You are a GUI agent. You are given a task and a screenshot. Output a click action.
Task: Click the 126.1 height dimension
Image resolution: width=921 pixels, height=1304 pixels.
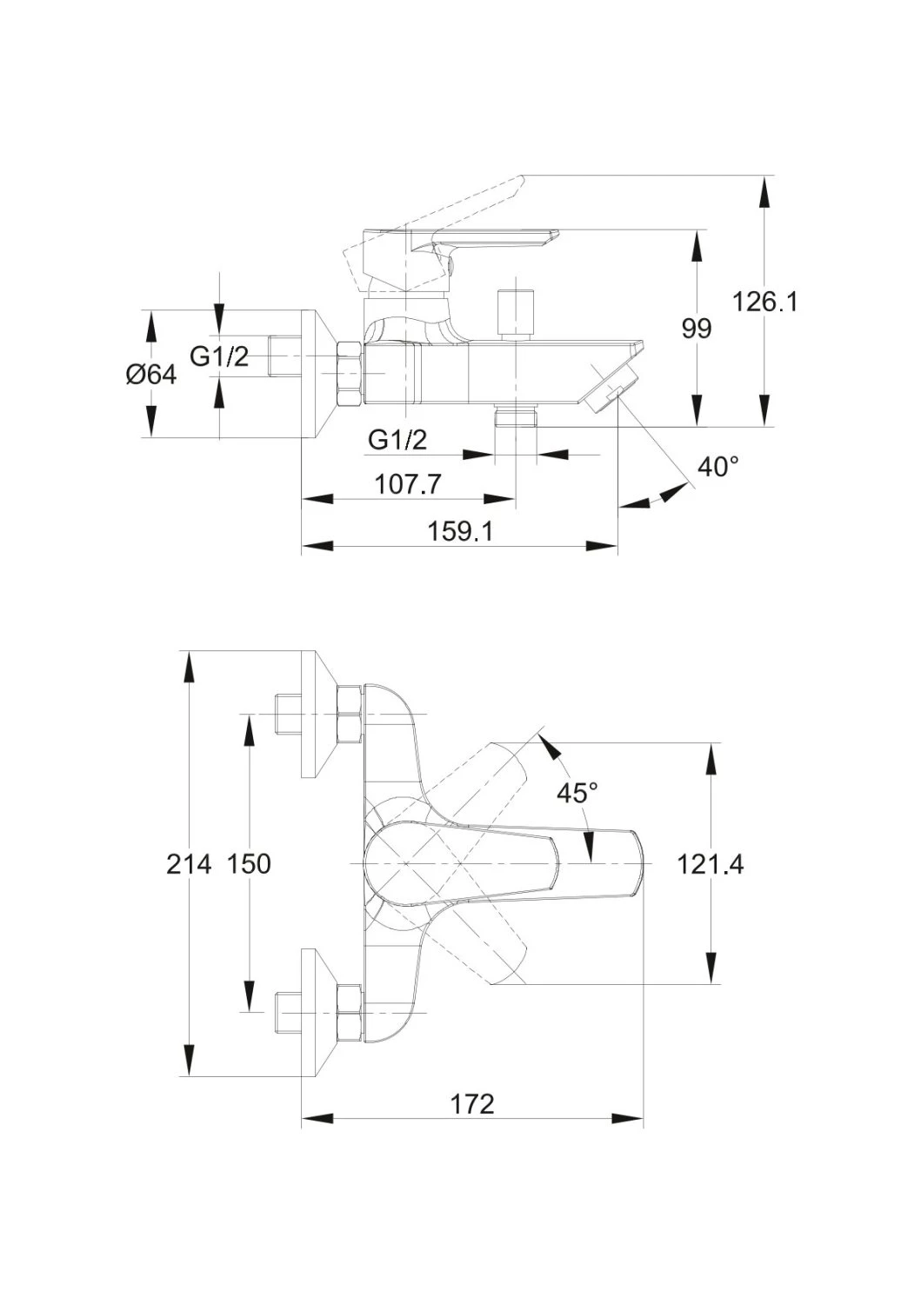764,303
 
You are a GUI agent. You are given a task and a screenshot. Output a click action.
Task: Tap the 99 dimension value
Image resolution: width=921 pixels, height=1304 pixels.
696,329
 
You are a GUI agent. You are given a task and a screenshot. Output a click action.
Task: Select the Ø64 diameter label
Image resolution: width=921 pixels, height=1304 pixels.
150,376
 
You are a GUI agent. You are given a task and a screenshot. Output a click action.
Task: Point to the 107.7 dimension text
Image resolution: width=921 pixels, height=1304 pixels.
408,483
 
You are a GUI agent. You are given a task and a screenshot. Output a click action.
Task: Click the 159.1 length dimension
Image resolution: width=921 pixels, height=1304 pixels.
459,531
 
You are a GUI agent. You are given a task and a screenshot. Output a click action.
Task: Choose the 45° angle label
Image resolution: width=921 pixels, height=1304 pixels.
577,793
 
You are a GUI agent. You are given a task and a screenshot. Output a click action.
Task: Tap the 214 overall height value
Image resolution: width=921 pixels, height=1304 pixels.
189,865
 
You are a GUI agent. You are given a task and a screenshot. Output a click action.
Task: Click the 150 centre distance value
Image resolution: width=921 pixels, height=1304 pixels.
249,865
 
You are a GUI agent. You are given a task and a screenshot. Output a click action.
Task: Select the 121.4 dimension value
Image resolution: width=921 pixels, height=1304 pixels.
711,865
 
